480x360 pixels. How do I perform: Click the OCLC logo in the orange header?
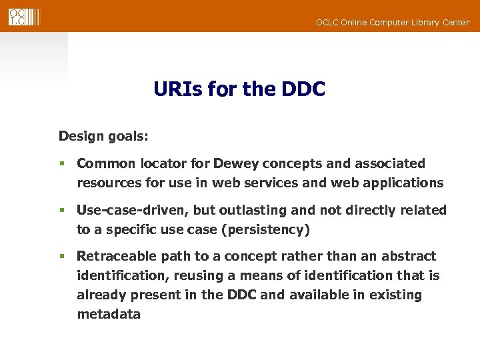click(23, 17)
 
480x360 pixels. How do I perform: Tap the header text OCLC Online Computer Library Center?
click(392, 23)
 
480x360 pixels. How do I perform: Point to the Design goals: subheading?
click(103, 137)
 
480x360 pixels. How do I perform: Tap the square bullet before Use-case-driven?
click(61, 211)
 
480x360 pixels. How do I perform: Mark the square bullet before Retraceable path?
click(61, 257)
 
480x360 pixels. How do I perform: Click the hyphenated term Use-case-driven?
click(133, 210)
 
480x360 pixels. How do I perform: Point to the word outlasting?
click(253, 210)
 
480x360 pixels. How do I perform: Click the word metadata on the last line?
click(109, 314)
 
